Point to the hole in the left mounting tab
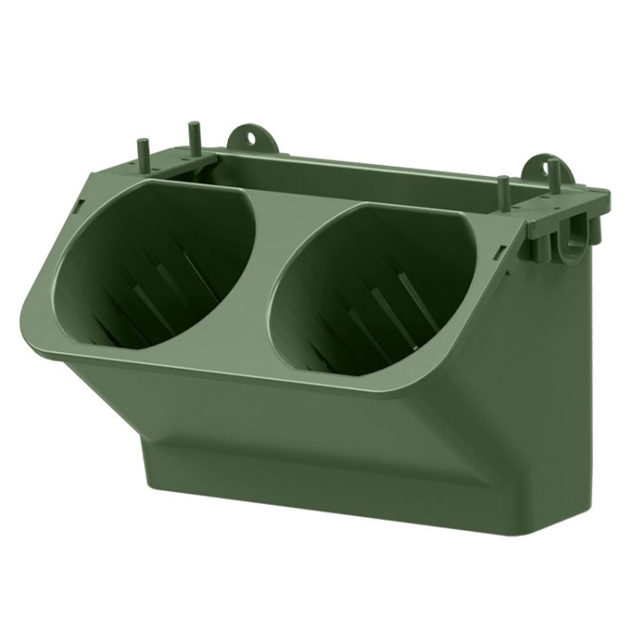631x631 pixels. tap(251, 136)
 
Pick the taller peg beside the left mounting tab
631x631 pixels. tap(194, 139)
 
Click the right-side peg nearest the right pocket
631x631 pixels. tap(502, 189)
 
